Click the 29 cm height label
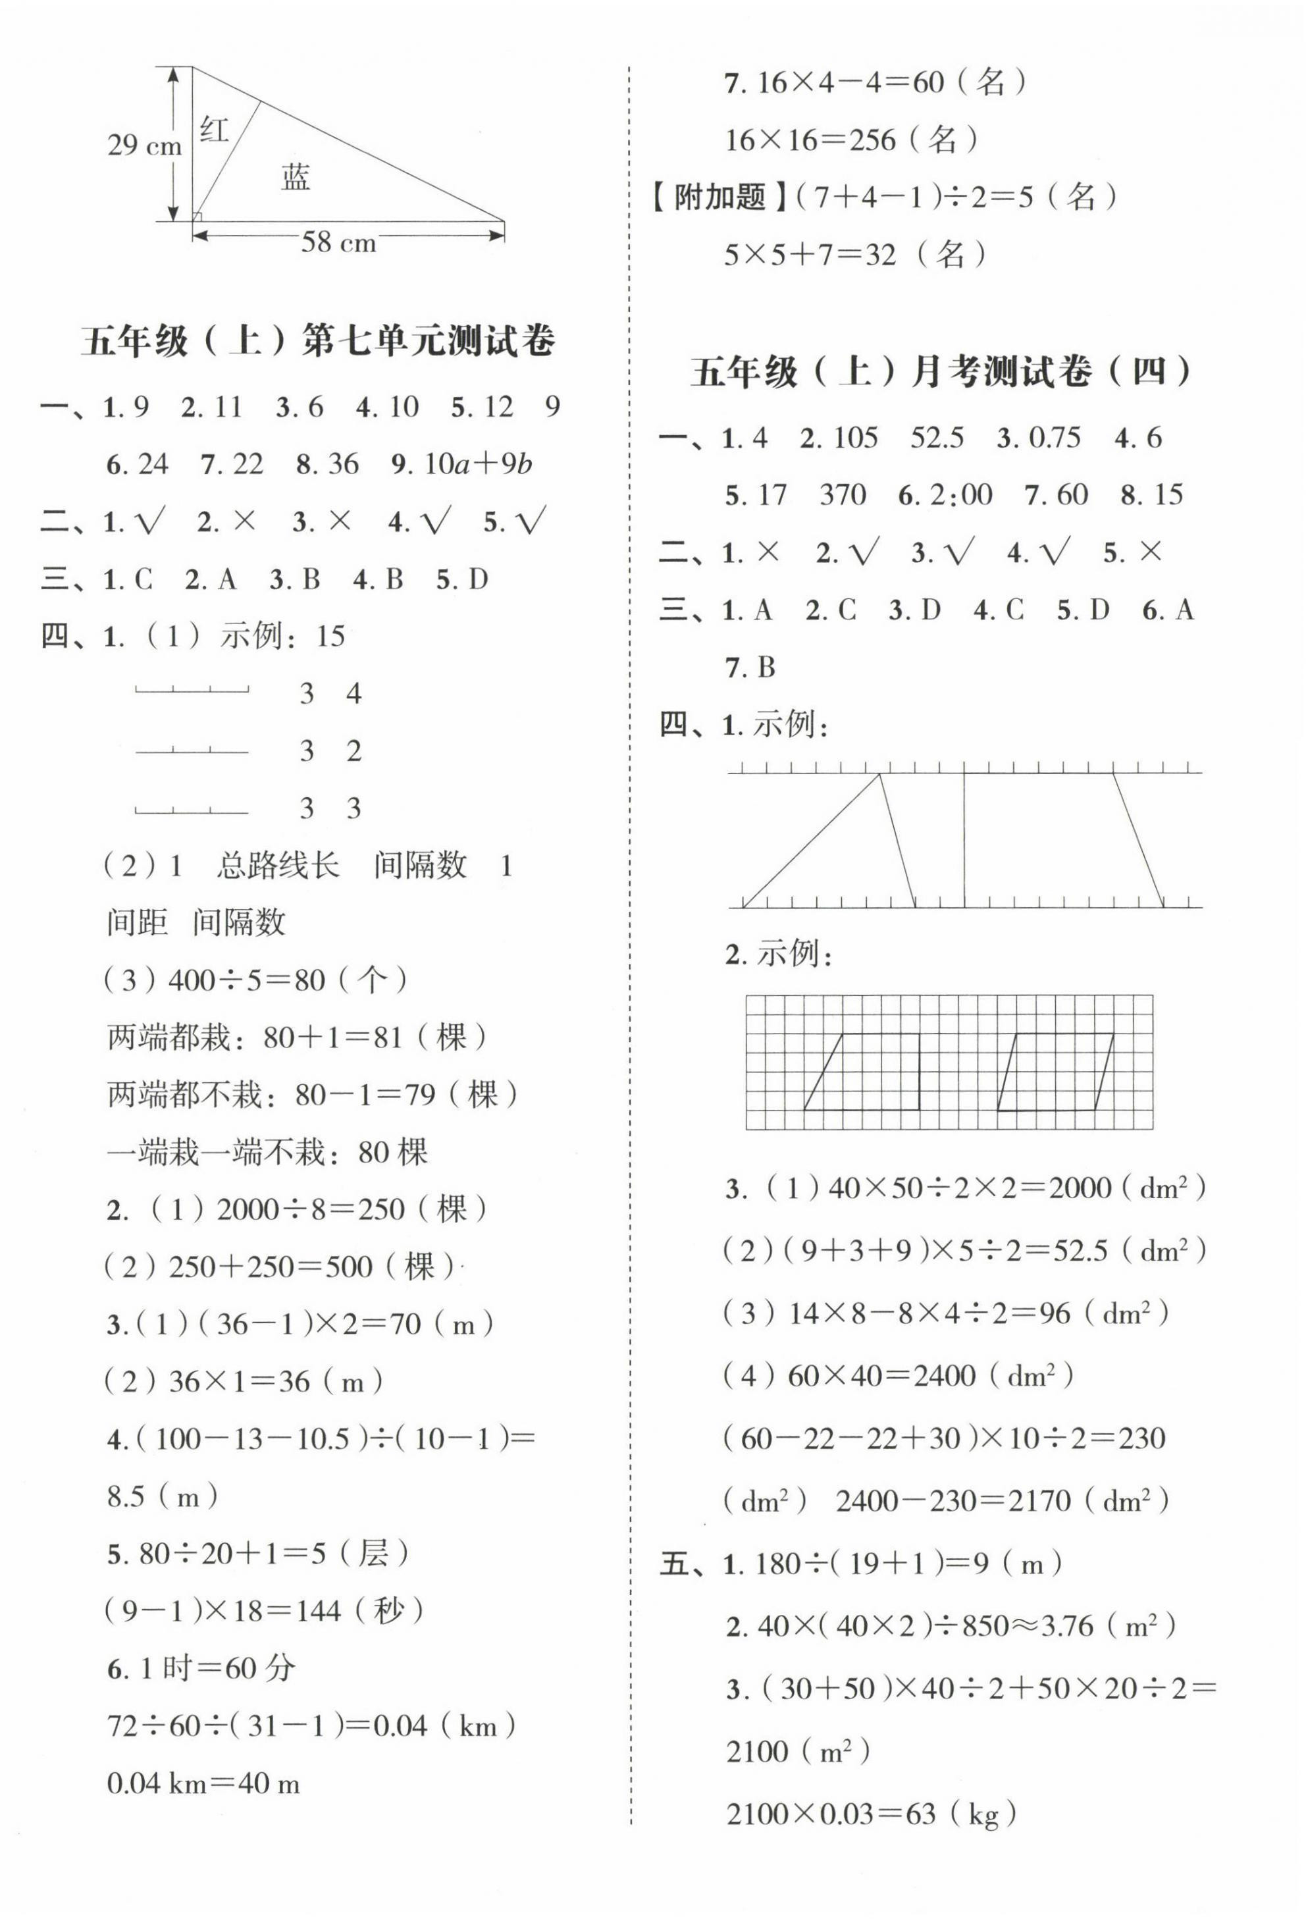(x=144, y=146)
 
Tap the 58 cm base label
(x=338, y=243)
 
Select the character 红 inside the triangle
(x=215, y=130)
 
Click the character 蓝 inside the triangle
(x=296, y=176)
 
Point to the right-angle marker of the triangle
(x=196, y=217)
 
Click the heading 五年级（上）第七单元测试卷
(x=318, y=341)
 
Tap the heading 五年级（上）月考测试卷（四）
(x=941, y=373)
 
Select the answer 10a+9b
(x=478, y=464)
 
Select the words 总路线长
(x=277, y=866)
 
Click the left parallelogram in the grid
(x=862, y=1071)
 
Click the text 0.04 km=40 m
(x=203, y=1783)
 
